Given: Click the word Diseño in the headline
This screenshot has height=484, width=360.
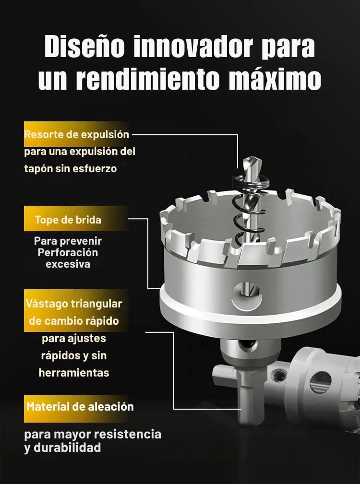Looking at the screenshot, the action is pos(84,47).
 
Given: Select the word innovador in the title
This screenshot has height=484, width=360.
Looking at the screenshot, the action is pos(193,47).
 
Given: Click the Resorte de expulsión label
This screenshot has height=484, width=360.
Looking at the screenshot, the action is pos(77,135).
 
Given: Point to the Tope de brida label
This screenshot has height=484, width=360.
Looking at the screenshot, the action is pos(68,220).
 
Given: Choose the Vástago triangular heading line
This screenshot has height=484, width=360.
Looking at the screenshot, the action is pos(74,304).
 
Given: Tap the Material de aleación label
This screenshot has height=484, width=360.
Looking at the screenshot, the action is pos(80,406).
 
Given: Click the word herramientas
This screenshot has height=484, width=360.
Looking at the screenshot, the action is pos(74,373).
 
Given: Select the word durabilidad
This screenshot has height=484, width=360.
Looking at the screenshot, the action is pos(67,448).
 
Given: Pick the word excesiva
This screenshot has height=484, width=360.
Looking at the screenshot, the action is pos(68,264).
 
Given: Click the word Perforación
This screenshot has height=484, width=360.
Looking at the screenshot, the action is pos(68,252).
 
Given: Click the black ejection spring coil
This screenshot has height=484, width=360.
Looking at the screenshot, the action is pos(250,210).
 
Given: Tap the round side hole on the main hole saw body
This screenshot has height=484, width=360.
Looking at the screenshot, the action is pos(247,295).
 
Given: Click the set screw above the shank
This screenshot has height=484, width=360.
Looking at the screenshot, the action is pos(248,344).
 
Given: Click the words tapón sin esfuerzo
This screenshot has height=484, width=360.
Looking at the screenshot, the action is pos(71,168).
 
